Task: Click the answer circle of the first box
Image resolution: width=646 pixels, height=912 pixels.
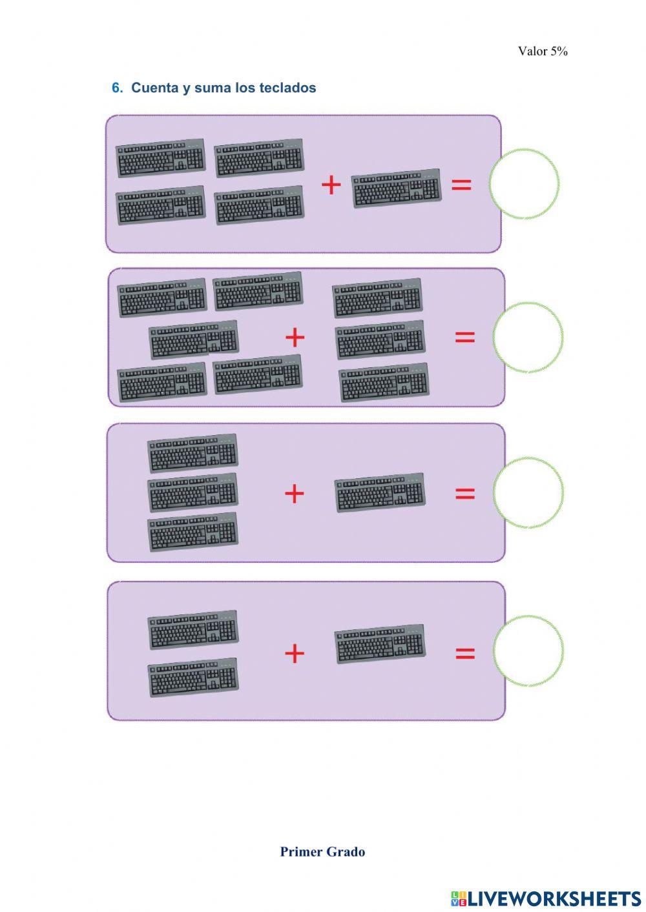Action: pyautogui.click(x=524, y=184)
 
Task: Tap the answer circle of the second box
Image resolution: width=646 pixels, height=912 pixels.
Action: pyautogui.click(x=528, y=338)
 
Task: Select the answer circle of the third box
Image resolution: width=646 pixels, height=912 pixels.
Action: pyautogui.click(x=528, y=493)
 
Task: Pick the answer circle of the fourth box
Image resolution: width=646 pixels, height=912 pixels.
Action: pyautogui.click(x=528, y=651)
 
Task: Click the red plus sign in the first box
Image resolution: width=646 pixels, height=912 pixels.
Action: pyautogui.click(x=331, y=185)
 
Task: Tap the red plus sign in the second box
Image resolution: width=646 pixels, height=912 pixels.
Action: pyautogui.click(x=295, y=337)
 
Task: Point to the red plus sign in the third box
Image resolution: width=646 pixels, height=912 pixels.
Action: pyautogui.click(x=294, y=494)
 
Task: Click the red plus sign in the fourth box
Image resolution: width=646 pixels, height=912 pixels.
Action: pyautogui.click(x=294, y=653)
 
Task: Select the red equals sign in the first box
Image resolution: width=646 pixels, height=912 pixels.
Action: pyautogui.click(x=461, y=185)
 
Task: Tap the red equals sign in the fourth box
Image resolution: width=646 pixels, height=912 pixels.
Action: pyautogui.click(x=465, y=653)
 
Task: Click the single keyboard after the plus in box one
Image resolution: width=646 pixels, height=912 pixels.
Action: pyautogui.click(x=397, y=188)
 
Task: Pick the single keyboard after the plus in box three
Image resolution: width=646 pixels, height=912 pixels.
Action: pyautogui.click(x=380, y=493)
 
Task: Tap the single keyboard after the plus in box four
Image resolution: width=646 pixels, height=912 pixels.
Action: pyautogui.click(x=380, y=643)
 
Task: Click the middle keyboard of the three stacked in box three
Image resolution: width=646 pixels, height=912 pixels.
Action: pyautogui.click(x=193, y=493)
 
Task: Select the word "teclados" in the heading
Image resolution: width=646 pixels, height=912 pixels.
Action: pyautogui.click(x=287, y=88)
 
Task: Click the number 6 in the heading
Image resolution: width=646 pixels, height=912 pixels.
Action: pyautogui.click(x=116, y=88)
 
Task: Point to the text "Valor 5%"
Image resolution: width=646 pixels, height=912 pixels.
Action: pyautogui.click(x=543, y=52)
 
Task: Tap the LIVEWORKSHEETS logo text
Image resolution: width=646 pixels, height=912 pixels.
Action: pyautogui.click(x=553, y=898)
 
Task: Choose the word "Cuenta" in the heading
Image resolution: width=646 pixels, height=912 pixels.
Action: pyautogui.click(x=154, y=88)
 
